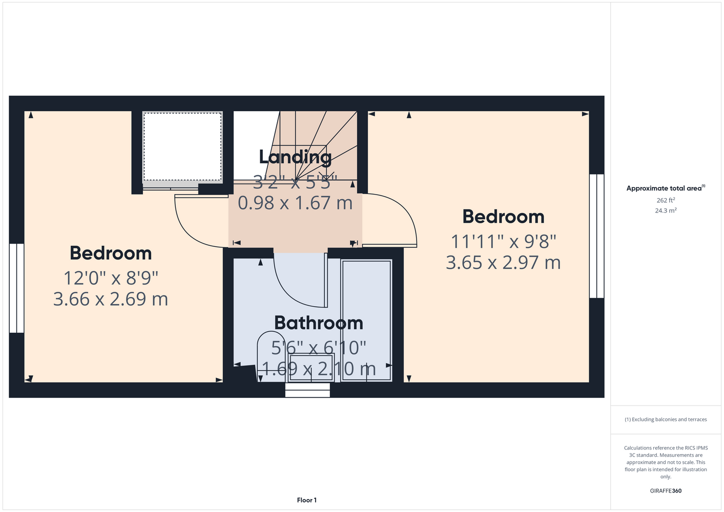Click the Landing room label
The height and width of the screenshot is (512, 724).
(x=295, y=157)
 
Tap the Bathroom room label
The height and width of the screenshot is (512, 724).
(x=319, y=323)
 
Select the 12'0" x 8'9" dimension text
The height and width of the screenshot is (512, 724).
(x=111, y=278)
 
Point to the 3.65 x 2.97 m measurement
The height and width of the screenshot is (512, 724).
(x=503, y=262)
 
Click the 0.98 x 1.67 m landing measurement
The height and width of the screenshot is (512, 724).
(x=295, y=203)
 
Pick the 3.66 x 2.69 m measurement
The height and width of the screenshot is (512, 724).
(x=111, y=299)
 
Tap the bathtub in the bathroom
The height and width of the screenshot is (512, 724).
(x=366, y=321)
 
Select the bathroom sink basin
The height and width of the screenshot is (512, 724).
(x=312, y=368)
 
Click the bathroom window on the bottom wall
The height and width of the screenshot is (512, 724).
(x=307, y=390)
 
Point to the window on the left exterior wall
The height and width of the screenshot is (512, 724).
(x=16, y=288)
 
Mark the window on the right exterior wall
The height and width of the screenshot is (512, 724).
(x=596, y=236)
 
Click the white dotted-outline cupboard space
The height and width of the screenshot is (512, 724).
(x=182, y=146)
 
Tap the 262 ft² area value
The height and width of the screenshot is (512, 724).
(x=666, y=200)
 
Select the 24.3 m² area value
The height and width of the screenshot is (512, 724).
(x=666, y=210)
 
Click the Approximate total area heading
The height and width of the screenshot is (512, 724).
(x=666, y=188)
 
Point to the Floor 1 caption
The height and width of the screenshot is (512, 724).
(x=307, y=500)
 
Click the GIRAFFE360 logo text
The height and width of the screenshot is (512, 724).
(x=666, y=490)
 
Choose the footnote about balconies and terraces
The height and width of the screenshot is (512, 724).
(x=666, y=419)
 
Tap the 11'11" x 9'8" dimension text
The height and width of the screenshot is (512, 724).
(x=503, y=242)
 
